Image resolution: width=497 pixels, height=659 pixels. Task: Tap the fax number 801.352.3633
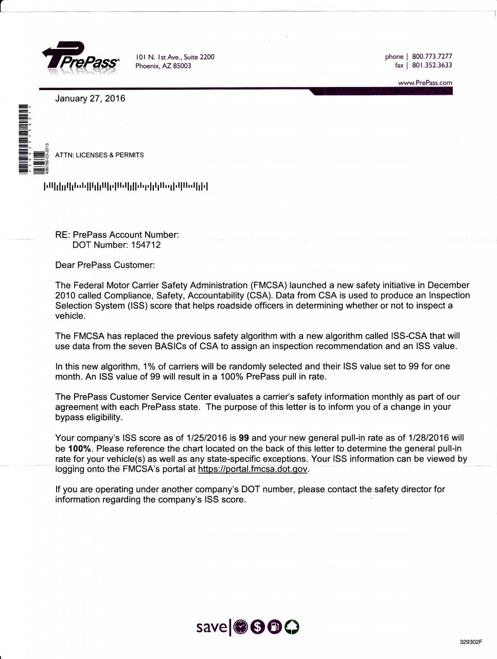[x=432, y=65]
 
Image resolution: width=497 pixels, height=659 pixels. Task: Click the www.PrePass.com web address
[x=425, y=82]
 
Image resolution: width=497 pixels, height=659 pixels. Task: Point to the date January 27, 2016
[x=90, y=98]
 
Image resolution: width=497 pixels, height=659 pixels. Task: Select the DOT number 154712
[x=146, y=245]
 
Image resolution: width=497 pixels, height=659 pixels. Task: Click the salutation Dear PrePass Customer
[x=104, y=265]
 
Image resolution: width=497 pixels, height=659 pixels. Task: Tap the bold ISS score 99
[x=244, y=438]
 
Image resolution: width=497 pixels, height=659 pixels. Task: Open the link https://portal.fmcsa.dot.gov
[x=253, y=469]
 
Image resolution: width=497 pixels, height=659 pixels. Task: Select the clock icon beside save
[x=241, y=627]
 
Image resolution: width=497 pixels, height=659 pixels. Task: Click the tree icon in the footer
[x=292, y=627]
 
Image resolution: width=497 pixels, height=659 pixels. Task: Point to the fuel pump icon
[x=275, y=627]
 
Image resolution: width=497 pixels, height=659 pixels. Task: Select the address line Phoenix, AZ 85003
[x=163, y=66]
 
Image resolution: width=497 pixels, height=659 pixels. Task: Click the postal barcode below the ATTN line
[x=126, y=186]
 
